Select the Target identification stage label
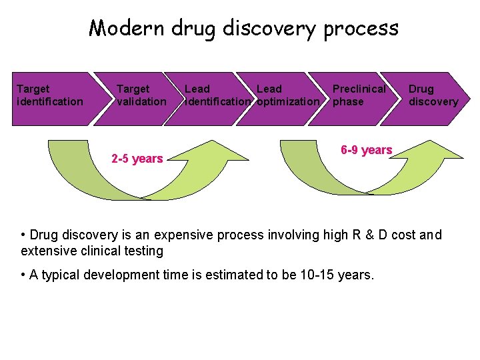point(50,95)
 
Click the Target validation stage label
point(141,95)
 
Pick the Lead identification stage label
point(218,95)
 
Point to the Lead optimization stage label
point(287,95)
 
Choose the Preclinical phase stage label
point(359,95)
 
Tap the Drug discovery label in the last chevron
point(433,95)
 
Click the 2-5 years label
point(137,159)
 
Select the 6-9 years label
point(366,150)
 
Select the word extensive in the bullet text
point(47,251)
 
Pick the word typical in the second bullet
point(61,275)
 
